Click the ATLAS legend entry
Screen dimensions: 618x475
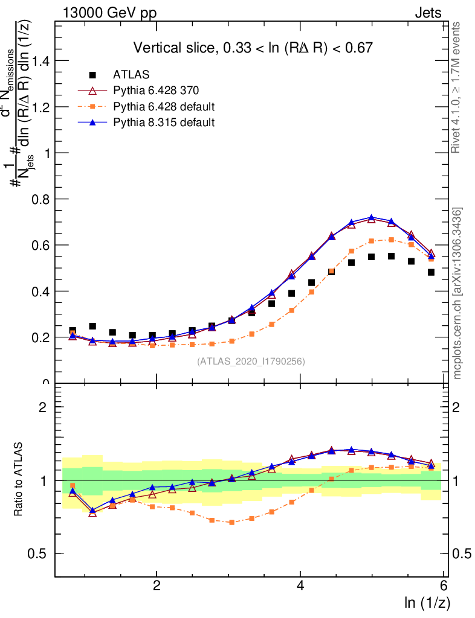(x=131, y=75)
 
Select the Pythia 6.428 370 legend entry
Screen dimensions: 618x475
(x=156, y=91)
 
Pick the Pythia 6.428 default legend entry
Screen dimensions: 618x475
(x=164, y=107)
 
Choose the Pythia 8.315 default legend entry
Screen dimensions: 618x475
(x=164, y=123)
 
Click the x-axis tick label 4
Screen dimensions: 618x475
(x=300, y=586)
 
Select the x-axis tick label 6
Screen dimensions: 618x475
(x=444, y=586)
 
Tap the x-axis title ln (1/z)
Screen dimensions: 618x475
(x=427, y=602)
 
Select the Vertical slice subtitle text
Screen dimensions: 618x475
(x=253, y=48)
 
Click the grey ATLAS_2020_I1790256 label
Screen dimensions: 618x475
(x=250, y=362)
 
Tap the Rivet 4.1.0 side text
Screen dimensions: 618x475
(x=457, y=88)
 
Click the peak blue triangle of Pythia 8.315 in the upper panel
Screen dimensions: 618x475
(x=372, y=218)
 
